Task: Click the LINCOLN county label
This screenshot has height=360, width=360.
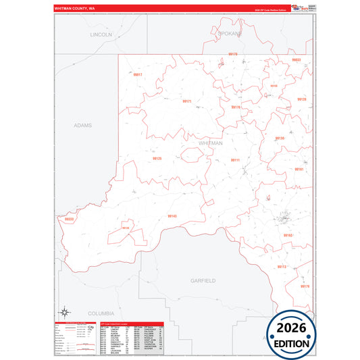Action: pyautogui.click(x=101, y=34)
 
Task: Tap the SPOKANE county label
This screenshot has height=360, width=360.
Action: pyautogui.click(x=227, y=33)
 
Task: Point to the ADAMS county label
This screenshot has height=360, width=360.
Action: pyautogui.click(x=82, y=125)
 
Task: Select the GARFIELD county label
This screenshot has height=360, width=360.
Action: pyautogui.click(x=203, y=280)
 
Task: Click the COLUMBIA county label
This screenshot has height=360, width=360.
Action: pyautogui.click(x=102, y=313)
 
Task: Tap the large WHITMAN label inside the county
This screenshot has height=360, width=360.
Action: pyautogui.click(x=212, y=143)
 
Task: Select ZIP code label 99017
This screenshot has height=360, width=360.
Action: pyautogui.click(x=138, y=75)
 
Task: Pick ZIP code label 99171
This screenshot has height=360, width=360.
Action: pyautogui.click(x=187, y=101)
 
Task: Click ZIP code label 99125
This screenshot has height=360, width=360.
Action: pyautogui.click(x=157, y=159)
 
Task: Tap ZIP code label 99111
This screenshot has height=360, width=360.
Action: pyautogui.click(x=235, y=160)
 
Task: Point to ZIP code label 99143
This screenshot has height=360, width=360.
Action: pyautogui.click(x=172, y=216)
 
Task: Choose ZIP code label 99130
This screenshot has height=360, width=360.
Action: pyautogui.click(x=280, y=138)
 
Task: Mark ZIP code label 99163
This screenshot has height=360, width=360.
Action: pyautogui.click(x=288, y=235)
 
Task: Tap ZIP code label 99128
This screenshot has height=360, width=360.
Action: pyautogui.click(x=301, y=99)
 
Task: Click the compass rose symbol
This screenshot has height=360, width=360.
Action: pyautogui.click(x=66, y=311)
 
